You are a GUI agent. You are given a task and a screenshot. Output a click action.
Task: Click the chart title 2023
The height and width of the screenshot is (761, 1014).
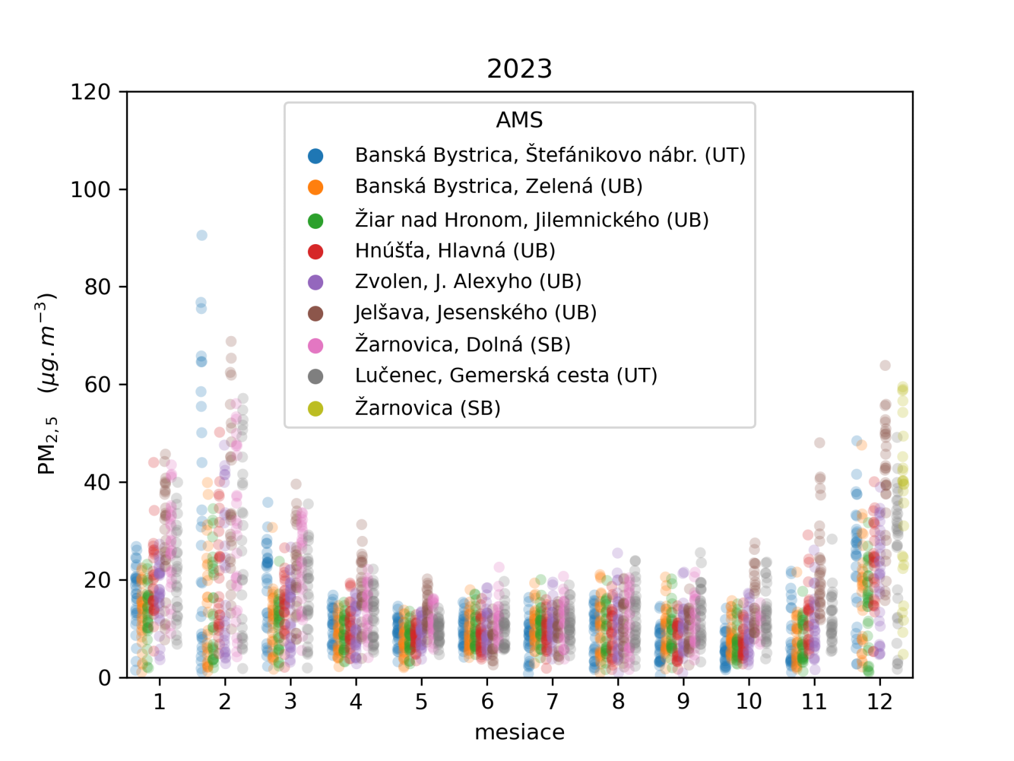[519, 68]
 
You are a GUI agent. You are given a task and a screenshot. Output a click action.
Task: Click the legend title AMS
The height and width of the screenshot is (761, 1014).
[519, 120]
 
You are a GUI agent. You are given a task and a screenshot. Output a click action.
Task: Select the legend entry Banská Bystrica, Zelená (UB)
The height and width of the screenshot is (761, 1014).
[498, 186]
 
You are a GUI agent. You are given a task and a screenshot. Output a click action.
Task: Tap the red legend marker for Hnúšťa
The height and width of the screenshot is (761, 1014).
[316, 251]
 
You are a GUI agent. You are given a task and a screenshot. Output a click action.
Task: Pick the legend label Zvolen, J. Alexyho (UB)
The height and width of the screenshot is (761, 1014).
[468, 281]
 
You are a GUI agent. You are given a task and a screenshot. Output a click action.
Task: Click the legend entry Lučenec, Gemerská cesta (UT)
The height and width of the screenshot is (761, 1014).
[506, 375]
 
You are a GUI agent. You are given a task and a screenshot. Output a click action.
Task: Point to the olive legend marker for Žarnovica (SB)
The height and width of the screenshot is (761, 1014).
[316, 408]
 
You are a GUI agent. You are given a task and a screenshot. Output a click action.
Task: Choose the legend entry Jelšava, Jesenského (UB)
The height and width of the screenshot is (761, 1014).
[475, 313]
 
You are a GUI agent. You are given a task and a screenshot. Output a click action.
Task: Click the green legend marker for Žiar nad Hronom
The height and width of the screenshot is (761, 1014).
[316, 220]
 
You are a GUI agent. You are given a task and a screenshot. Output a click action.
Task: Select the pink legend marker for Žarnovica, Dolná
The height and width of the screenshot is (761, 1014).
[316, 345]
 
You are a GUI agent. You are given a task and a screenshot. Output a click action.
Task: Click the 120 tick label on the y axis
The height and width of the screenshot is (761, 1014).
[91, 92]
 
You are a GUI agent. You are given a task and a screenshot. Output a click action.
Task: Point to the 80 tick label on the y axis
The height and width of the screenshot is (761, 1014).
[98, 287]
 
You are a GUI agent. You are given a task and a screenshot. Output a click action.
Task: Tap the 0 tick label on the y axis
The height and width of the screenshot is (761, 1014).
[105, 678]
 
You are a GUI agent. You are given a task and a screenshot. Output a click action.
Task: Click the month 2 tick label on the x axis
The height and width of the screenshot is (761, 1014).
[225, 701]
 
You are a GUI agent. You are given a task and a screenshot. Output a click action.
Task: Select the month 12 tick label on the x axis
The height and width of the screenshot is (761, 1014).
[880, 701]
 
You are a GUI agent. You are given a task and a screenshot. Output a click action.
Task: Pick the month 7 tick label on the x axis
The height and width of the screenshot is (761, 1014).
[553, 701]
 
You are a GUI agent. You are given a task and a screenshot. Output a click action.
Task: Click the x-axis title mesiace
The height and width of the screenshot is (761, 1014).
[519, 732]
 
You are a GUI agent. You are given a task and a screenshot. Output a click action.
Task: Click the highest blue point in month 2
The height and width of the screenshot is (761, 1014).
[202, 235]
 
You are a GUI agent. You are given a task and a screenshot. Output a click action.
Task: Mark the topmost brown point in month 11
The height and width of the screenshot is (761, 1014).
[819, 443]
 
